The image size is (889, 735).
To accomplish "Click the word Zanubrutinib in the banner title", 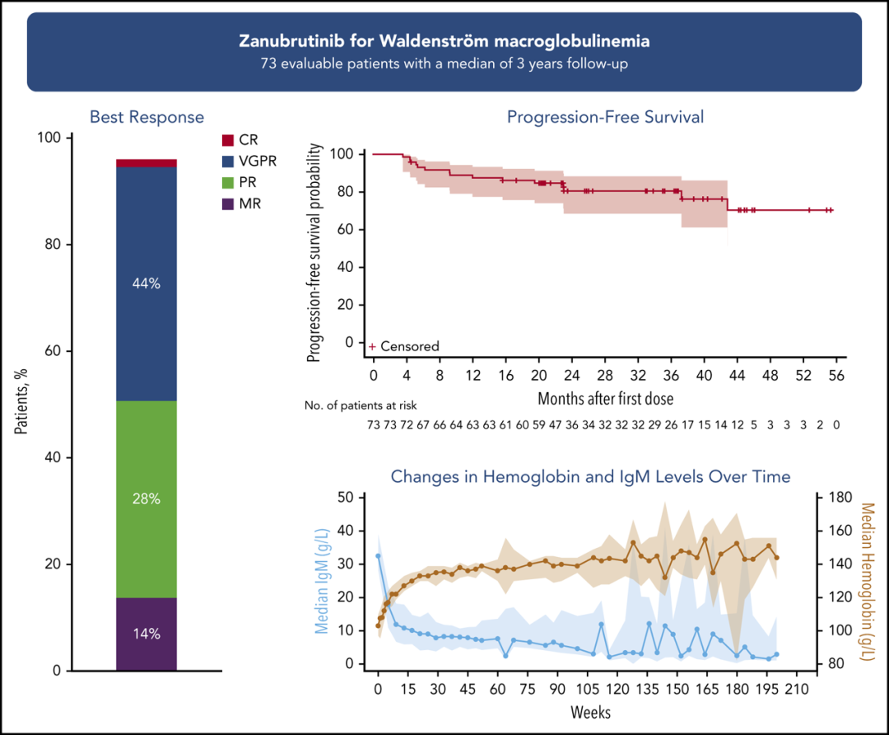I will click(284, 41).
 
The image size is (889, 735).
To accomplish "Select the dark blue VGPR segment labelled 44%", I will click(147, 283).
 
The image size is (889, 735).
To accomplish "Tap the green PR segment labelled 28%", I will click(147, 499).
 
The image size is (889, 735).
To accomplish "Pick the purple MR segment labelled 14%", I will click(147, 634).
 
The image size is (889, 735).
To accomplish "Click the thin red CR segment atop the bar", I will click(147, 163).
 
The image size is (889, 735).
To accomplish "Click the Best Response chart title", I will click(147, 117).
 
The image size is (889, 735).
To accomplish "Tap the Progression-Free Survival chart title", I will click(605, 117).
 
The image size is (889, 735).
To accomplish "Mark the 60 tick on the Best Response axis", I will click(52, 351).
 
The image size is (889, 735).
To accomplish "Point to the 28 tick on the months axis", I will click(605, 376).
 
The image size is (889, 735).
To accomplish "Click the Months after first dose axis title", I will click(605, 399).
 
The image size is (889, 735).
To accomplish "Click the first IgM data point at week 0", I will click(379, 556).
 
